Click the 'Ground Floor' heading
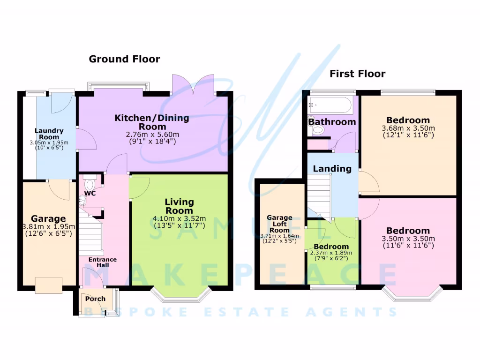tap(124, 59)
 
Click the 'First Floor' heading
tap(357, 74)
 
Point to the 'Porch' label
tap(95, 299)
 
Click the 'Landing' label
tap(332, 169)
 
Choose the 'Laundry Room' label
tap(48, 134)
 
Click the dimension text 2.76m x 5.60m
tap(152, 135)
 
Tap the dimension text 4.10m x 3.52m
tap(180, 218)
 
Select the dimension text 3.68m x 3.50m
tap(409, 128)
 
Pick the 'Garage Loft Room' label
tap(280, 224)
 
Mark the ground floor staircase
tap(91, 234)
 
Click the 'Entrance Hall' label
tap(103, 262)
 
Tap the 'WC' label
tap(90, 193)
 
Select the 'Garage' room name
tap(48, 219)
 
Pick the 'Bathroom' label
tap(332, 122)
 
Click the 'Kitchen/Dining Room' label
tap(152, 122)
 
